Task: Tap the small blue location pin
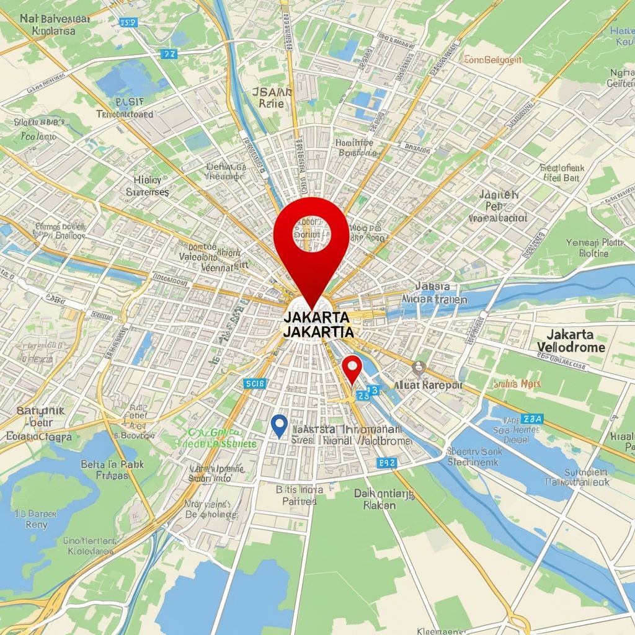click(x=280, y=425)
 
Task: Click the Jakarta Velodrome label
click(x=571, y=340)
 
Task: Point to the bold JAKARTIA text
click(x=317, y=332)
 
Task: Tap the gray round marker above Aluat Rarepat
click(x=419, y=366)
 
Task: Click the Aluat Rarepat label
click(x=428, y=385)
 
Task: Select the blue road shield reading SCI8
click(x=255, y=384)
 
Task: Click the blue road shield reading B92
click(x=386, y=463)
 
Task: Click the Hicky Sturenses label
click(x=147, y=186)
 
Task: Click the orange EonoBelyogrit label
click(x=493, y=60)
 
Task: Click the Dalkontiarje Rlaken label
click(x=383, y=499)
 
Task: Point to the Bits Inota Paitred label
click(x=299, y=495)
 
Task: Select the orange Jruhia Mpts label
click(x=517, y=384)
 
